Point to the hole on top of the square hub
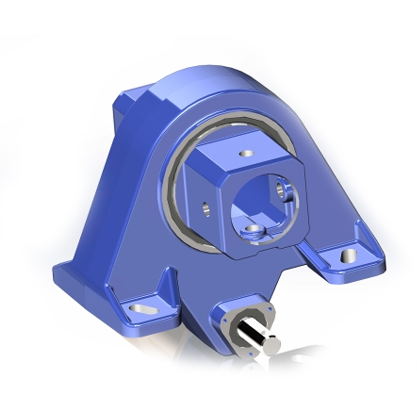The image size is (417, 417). coord(244,154)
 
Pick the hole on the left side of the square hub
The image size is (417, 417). coord(205,208)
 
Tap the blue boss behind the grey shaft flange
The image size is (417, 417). coord(235,305)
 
